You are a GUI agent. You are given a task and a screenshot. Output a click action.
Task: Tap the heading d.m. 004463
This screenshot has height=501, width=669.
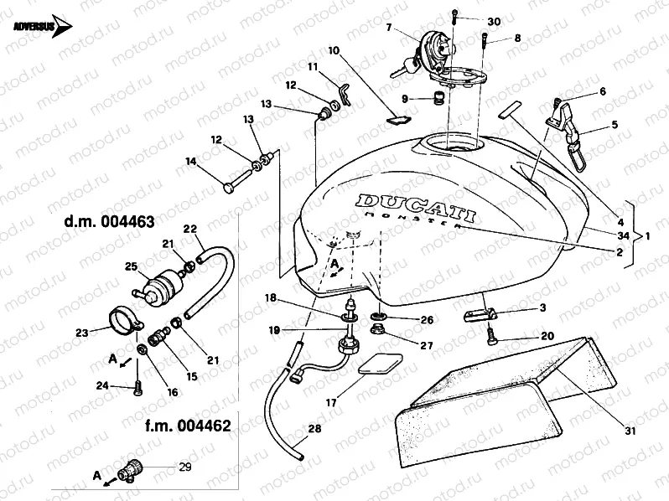pos(110,223)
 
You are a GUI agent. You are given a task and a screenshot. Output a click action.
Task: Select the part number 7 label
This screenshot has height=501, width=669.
pos(389,28)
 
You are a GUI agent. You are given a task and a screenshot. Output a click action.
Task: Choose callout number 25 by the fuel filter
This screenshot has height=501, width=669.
pos(132,266)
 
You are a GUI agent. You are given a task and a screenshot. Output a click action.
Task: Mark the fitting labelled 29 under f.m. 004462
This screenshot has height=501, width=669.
pos(132,468)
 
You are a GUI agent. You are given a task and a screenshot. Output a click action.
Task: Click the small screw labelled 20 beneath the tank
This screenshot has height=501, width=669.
pos(493,340)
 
